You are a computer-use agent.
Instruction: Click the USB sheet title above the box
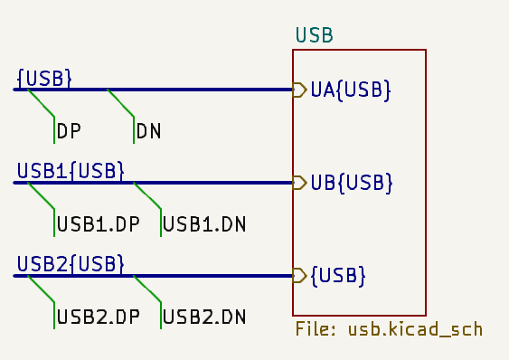(x=315, y=36)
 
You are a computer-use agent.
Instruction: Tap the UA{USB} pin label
(x=351, y=90)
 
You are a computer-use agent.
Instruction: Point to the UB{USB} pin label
(x=351, y=183)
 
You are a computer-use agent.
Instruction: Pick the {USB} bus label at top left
(x=43, y=78)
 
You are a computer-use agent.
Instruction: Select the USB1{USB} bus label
(x=71, y=170)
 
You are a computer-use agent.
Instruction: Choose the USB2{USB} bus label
(x=71, y=263)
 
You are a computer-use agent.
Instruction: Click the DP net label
(x=70, y=132)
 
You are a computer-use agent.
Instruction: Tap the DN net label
(x=149, y=132)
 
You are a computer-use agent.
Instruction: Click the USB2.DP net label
(x=99, y=317)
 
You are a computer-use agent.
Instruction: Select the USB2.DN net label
(x=205, y=317)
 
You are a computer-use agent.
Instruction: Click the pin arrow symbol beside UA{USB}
(x=299, y=90)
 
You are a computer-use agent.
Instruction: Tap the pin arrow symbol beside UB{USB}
(x=299, y=183)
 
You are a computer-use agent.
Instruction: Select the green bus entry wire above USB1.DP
(x=42, y=196)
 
